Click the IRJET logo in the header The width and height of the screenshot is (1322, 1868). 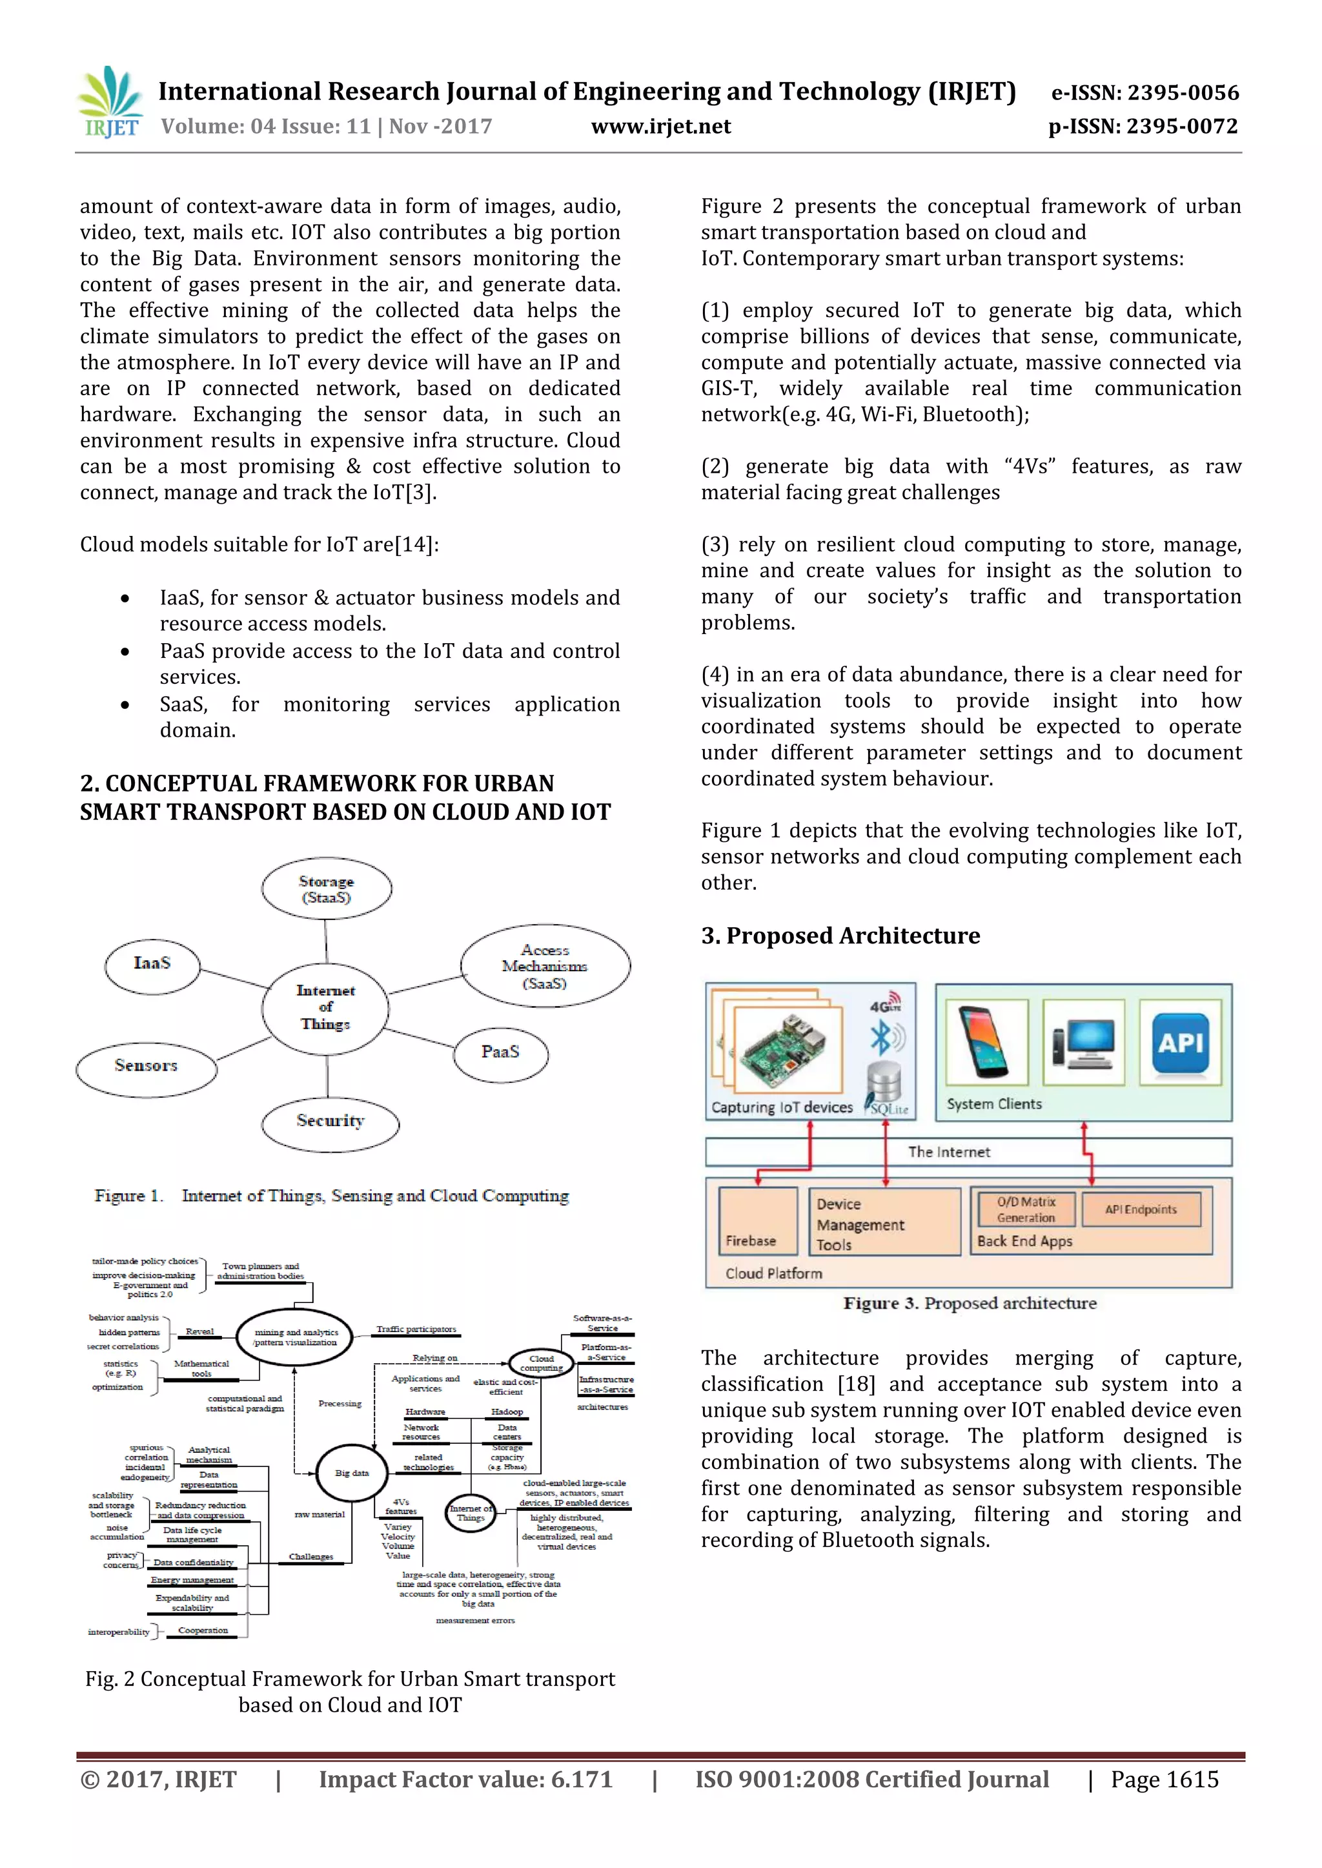pyautogui.click(x=110, y=103)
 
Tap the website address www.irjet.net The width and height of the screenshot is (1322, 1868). pyautogui.click(x=660, y=126)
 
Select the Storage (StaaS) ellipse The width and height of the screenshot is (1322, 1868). pyautogui.click(x=327, y=889)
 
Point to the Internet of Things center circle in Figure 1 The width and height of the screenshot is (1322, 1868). pyautogui.click(x=325, y=1007)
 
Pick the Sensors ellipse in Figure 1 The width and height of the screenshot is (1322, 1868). pyautogui.click(x=147, y=1066)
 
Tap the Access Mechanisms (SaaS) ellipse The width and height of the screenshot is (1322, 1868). pyautogui.click(x=545, y=967)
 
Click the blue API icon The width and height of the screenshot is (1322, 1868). pyautogui.click(x=1181, y=1042)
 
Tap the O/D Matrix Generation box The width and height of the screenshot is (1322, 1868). pyautogui.click(x=1026, y=1209)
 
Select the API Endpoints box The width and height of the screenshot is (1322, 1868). pyautogui.click(x=1141, y=1209)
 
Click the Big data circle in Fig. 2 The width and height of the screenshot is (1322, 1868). pyautogui.click(x=352, y=1473)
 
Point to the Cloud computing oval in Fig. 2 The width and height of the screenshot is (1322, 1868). pyautogui.click(x=542, y=1363)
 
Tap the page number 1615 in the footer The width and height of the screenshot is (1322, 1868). pyautogui.click(x=1165, y=1780)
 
